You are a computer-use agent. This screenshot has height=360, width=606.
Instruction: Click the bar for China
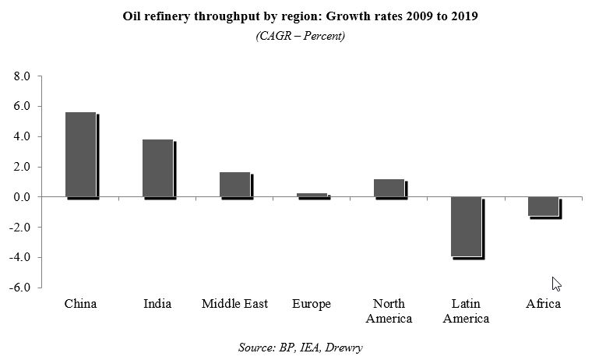point(81,154)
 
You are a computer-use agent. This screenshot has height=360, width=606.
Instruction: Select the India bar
point(158,168)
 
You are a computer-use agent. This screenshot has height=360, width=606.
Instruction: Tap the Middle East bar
point(235,185)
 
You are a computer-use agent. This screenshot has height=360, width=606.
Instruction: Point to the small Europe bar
point(312,195)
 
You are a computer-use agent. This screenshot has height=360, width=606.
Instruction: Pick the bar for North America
point(389,188)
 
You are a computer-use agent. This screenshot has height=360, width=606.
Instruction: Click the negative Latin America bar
point(466,227)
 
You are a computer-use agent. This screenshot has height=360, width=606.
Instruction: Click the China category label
point(80,304)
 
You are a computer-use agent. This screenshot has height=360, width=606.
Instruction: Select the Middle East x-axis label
point(234,304)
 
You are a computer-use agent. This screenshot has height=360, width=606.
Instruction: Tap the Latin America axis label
point(466,311)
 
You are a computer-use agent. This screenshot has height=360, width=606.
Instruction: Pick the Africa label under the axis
point(543,304)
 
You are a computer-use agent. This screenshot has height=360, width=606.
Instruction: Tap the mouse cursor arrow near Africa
point(556,284)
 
